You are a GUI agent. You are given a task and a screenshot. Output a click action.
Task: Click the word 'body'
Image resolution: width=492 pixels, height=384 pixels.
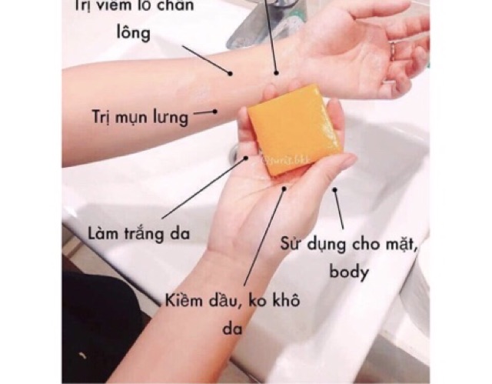tap(349, 272)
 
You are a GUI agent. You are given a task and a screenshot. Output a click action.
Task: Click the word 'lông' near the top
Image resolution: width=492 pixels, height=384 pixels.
tap(131, 34)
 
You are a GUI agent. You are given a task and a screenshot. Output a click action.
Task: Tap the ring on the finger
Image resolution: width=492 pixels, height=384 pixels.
tap(394, 51)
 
